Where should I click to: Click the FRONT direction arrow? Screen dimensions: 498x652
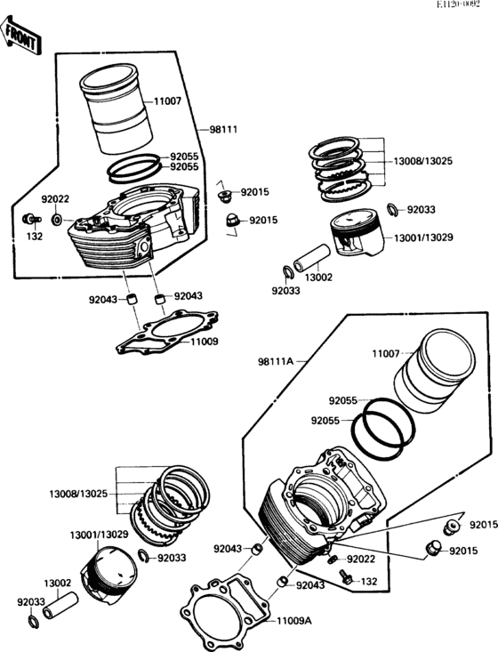point(20,36)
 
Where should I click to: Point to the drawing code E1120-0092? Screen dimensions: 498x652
point(458,4)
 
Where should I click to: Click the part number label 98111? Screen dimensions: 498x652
point(223,130)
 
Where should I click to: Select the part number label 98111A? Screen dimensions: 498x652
point(275,362)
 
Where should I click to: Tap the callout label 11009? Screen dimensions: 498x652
point(205,342)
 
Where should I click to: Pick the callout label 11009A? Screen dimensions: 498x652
point(294,621)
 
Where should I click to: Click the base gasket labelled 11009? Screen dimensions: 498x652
point(167,332)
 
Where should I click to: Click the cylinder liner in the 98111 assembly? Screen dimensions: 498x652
point(116,109)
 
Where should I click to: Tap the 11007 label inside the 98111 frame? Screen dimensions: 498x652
point(167,101)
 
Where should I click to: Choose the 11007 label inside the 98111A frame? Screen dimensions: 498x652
point(386,354)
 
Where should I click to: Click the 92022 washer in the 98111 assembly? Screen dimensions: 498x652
point(57,219)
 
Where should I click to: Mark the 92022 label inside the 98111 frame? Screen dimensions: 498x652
point(55,199)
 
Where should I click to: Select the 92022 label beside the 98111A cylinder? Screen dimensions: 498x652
point(361,559)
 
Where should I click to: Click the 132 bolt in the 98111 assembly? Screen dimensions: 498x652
point(32,218)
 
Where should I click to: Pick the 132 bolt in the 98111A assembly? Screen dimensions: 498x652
point(345,576)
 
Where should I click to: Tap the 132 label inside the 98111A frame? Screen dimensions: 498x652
point(369,581)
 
